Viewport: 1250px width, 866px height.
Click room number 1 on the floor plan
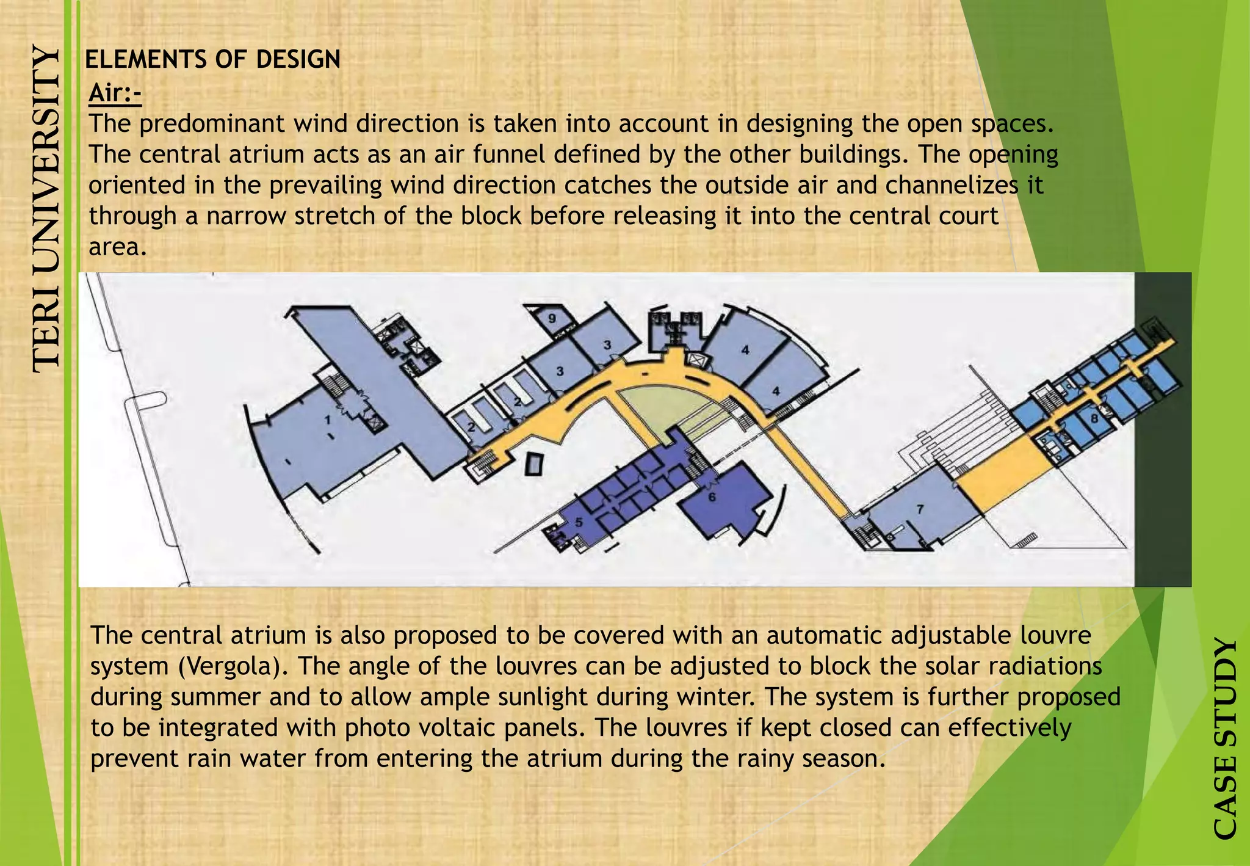[328, 420]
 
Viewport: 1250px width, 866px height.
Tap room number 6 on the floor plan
[712, 497]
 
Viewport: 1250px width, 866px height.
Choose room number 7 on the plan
[920, 509]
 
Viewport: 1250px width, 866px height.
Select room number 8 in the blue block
[1094, 418]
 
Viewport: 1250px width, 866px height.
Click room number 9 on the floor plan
[552, 318]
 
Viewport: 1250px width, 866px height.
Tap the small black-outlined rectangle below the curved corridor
[533, 465]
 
